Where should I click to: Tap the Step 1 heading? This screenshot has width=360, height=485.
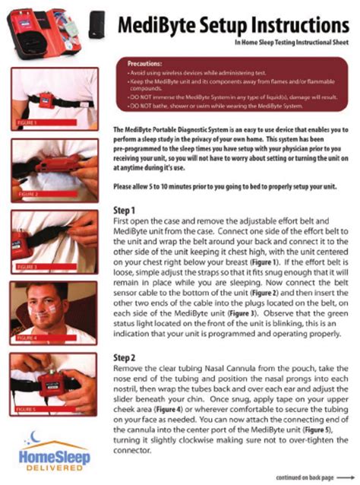pos(125,210)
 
